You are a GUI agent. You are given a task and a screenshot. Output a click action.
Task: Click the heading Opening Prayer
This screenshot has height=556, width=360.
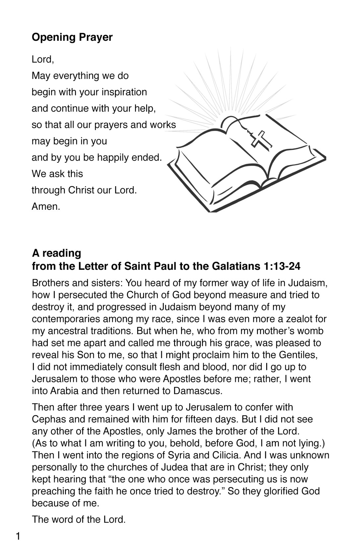click(x=72, y=37)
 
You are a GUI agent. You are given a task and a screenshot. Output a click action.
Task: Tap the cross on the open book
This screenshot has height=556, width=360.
click(x=261, y=138)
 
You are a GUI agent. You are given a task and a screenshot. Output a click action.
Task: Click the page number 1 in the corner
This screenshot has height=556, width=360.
click(x=18, y=536)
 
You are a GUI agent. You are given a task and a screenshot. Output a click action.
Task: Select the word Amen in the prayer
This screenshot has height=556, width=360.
click(x=45, y=206)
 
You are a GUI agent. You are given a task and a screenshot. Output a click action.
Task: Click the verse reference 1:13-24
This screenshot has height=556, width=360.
click(x=281, y=266)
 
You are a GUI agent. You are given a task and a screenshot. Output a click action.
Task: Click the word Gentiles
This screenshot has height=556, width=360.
click(x=298, y=355)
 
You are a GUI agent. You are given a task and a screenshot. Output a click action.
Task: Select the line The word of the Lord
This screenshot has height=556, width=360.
click(x=79, y=519)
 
